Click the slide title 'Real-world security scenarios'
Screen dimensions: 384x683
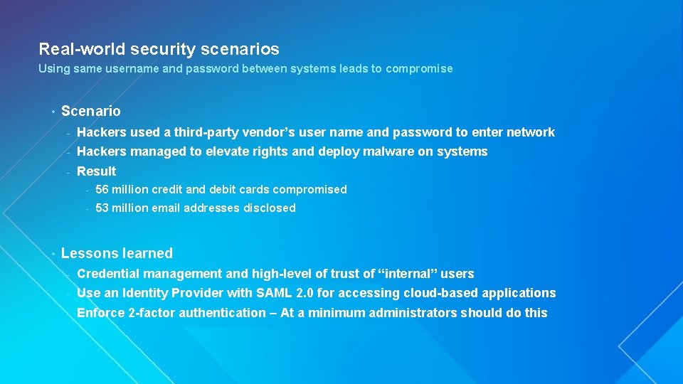click(159, 49)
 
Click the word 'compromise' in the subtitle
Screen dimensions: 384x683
click(419, 69)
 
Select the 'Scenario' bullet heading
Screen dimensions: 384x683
click(91, 111)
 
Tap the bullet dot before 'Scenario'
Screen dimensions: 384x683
click(53, 111)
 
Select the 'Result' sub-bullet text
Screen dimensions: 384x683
click(96, 171)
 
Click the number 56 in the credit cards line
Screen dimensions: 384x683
click(102, 190)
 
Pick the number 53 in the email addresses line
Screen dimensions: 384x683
click(102, 208)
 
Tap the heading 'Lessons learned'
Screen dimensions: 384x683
click(117, 253)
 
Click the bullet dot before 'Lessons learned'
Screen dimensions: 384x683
click(53, 253)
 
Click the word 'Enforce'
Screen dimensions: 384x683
click(100, 313)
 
